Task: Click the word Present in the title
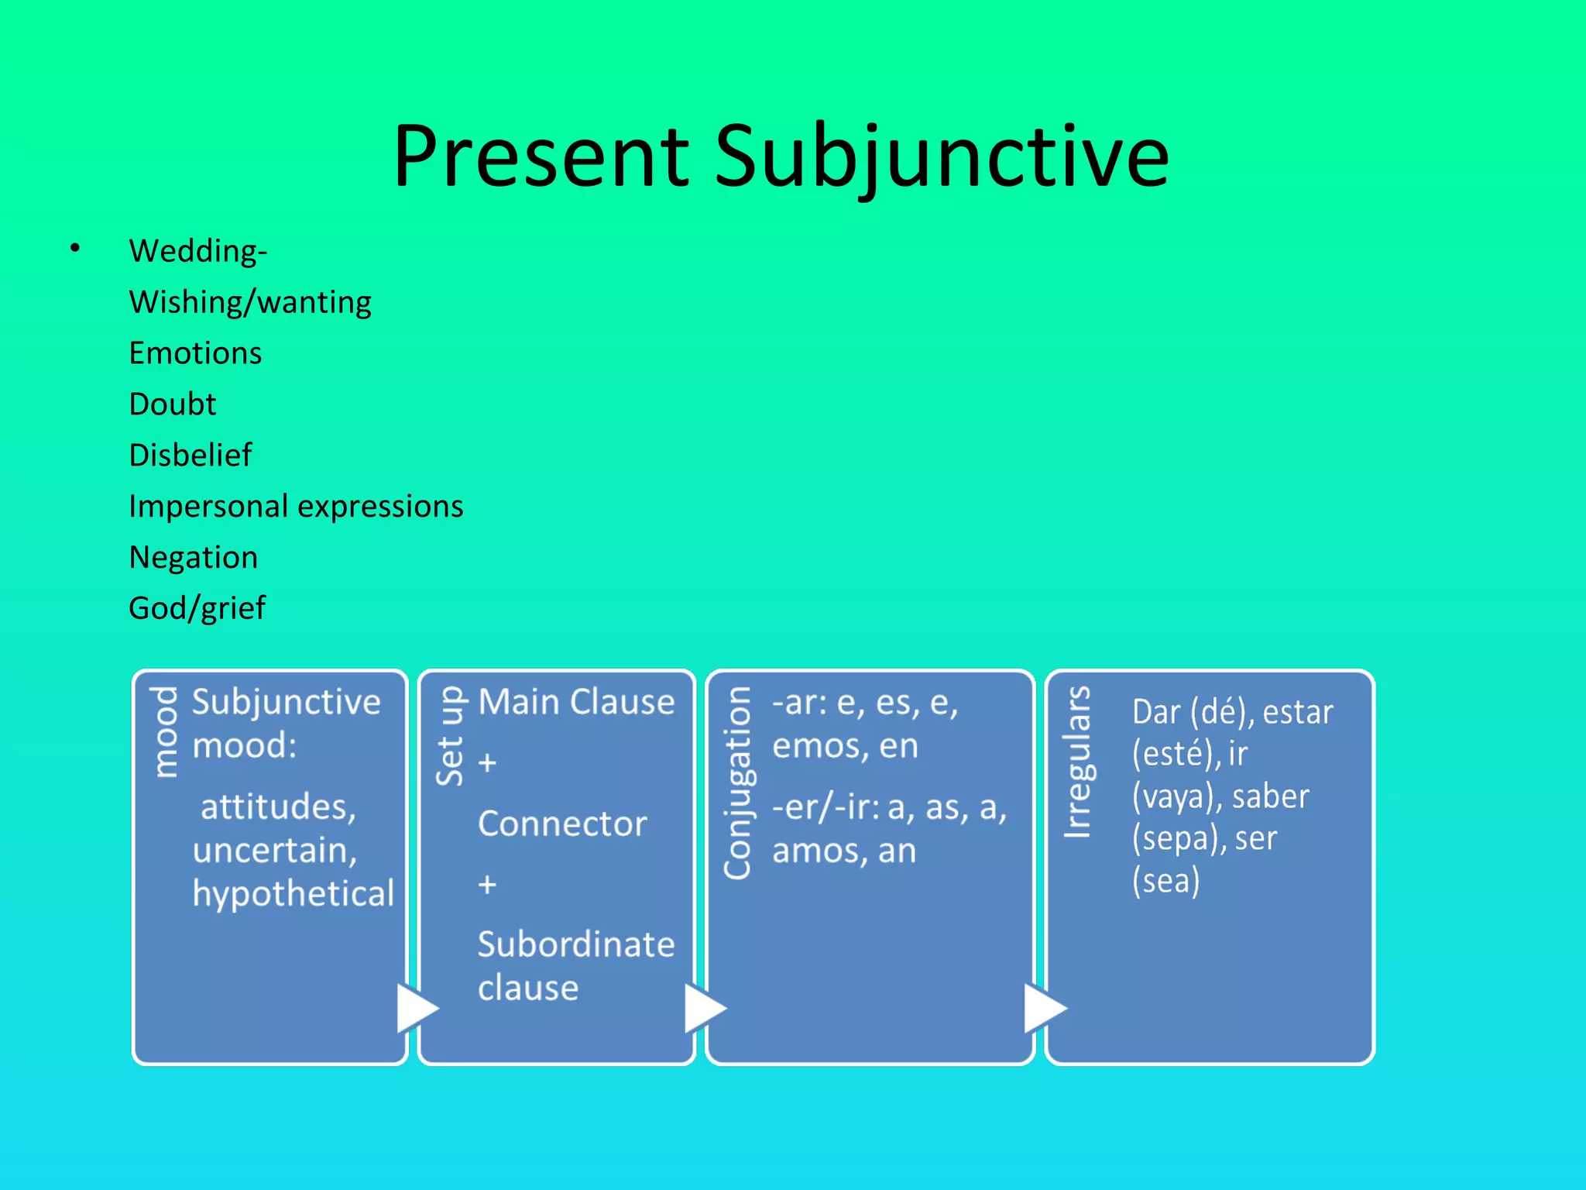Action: [541, 157]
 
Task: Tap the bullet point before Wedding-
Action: [75, 248]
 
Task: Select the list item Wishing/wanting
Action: [250, 302]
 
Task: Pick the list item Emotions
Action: [195, 353]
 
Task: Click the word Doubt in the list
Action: [172, 404]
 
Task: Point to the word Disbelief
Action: [190, 456]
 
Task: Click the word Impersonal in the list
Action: [208, 507]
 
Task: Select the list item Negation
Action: [193, 558]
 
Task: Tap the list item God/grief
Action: [197, 609]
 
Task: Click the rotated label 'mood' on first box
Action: [165, 732]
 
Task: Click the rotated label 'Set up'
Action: [450, 736]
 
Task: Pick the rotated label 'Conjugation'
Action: [738, 782]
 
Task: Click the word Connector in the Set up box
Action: [562, 824]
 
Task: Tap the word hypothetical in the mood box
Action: [293, 893]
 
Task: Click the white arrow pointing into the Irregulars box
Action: [1044, 1008]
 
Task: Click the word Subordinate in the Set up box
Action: [576, 944]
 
